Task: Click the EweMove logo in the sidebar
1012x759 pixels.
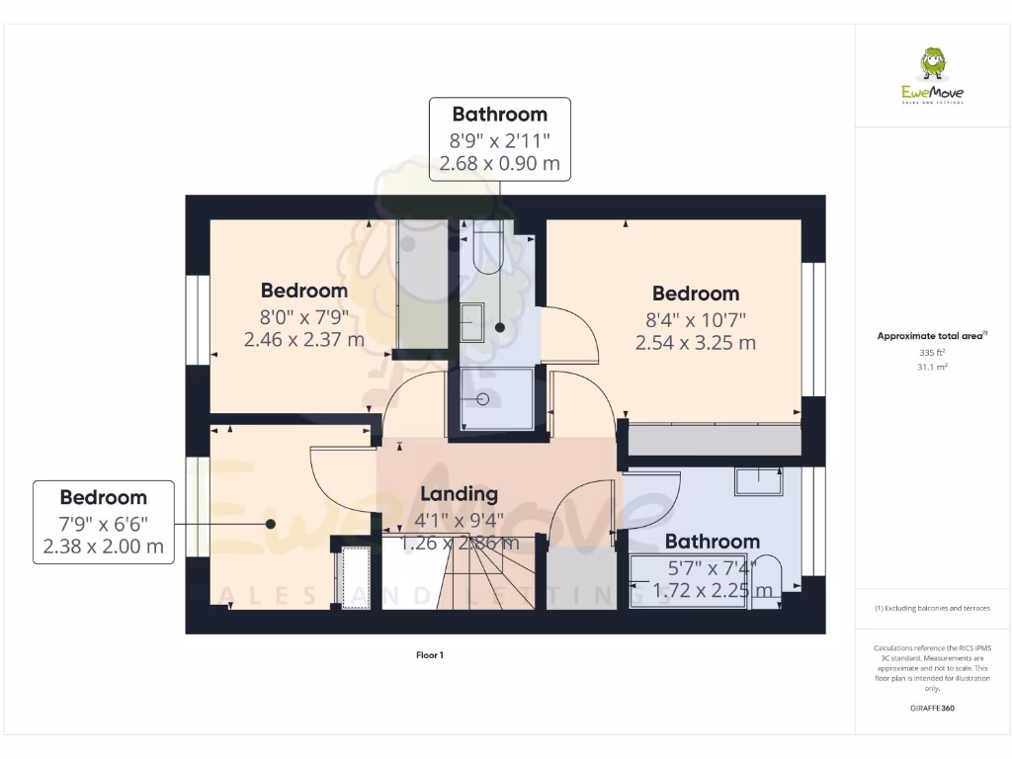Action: [x=933, y=76]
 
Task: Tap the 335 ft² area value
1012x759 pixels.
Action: [x=933, y=352]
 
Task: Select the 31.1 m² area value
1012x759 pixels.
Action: [x=933, y=367]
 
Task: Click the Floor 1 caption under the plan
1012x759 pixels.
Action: [x=430, y=654]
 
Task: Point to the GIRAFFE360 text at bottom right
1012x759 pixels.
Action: [x=933, y=709]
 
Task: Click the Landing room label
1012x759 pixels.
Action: [x=459, y=494]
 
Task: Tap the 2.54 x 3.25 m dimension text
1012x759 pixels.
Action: [x=695, y=343]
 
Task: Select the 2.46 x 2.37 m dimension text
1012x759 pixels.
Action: [x=303, y=340]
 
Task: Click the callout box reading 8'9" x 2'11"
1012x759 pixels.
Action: [x=500, y=138]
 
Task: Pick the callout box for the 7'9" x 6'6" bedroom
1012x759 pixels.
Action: [x=103, y=522]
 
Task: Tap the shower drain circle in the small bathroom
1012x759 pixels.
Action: [x=483, y=399]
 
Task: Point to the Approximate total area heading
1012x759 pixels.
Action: [x=931, y=336]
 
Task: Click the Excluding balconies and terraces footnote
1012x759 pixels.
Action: [x=933, y=608]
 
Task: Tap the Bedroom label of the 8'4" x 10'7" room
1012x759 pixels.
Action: [x=695, y=294]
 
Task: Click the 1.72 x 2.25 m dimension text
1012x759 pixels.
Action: [x=713, y=590]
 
